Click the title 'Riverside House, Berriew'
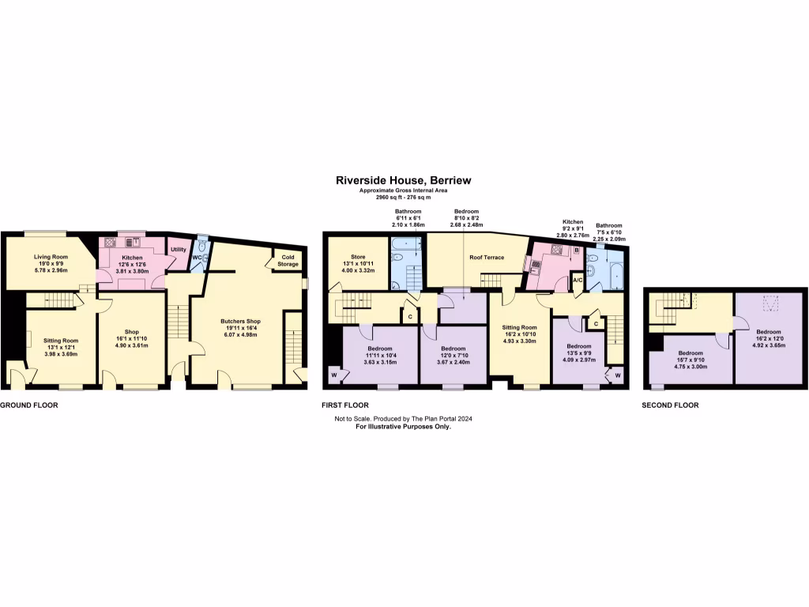tap(403, 180)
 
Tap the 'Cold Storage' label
tap(288, 260)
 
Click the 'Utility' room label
tap(179, 250)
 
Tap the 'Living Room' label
tap(50, 257)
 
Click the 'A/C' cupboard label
tap(577, 281)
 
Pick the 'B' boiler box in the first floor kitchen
tap(576, 251)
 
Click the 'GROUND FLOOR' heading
tap(29, 405)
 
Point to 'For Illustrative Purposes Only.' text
tap(403, 426)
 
